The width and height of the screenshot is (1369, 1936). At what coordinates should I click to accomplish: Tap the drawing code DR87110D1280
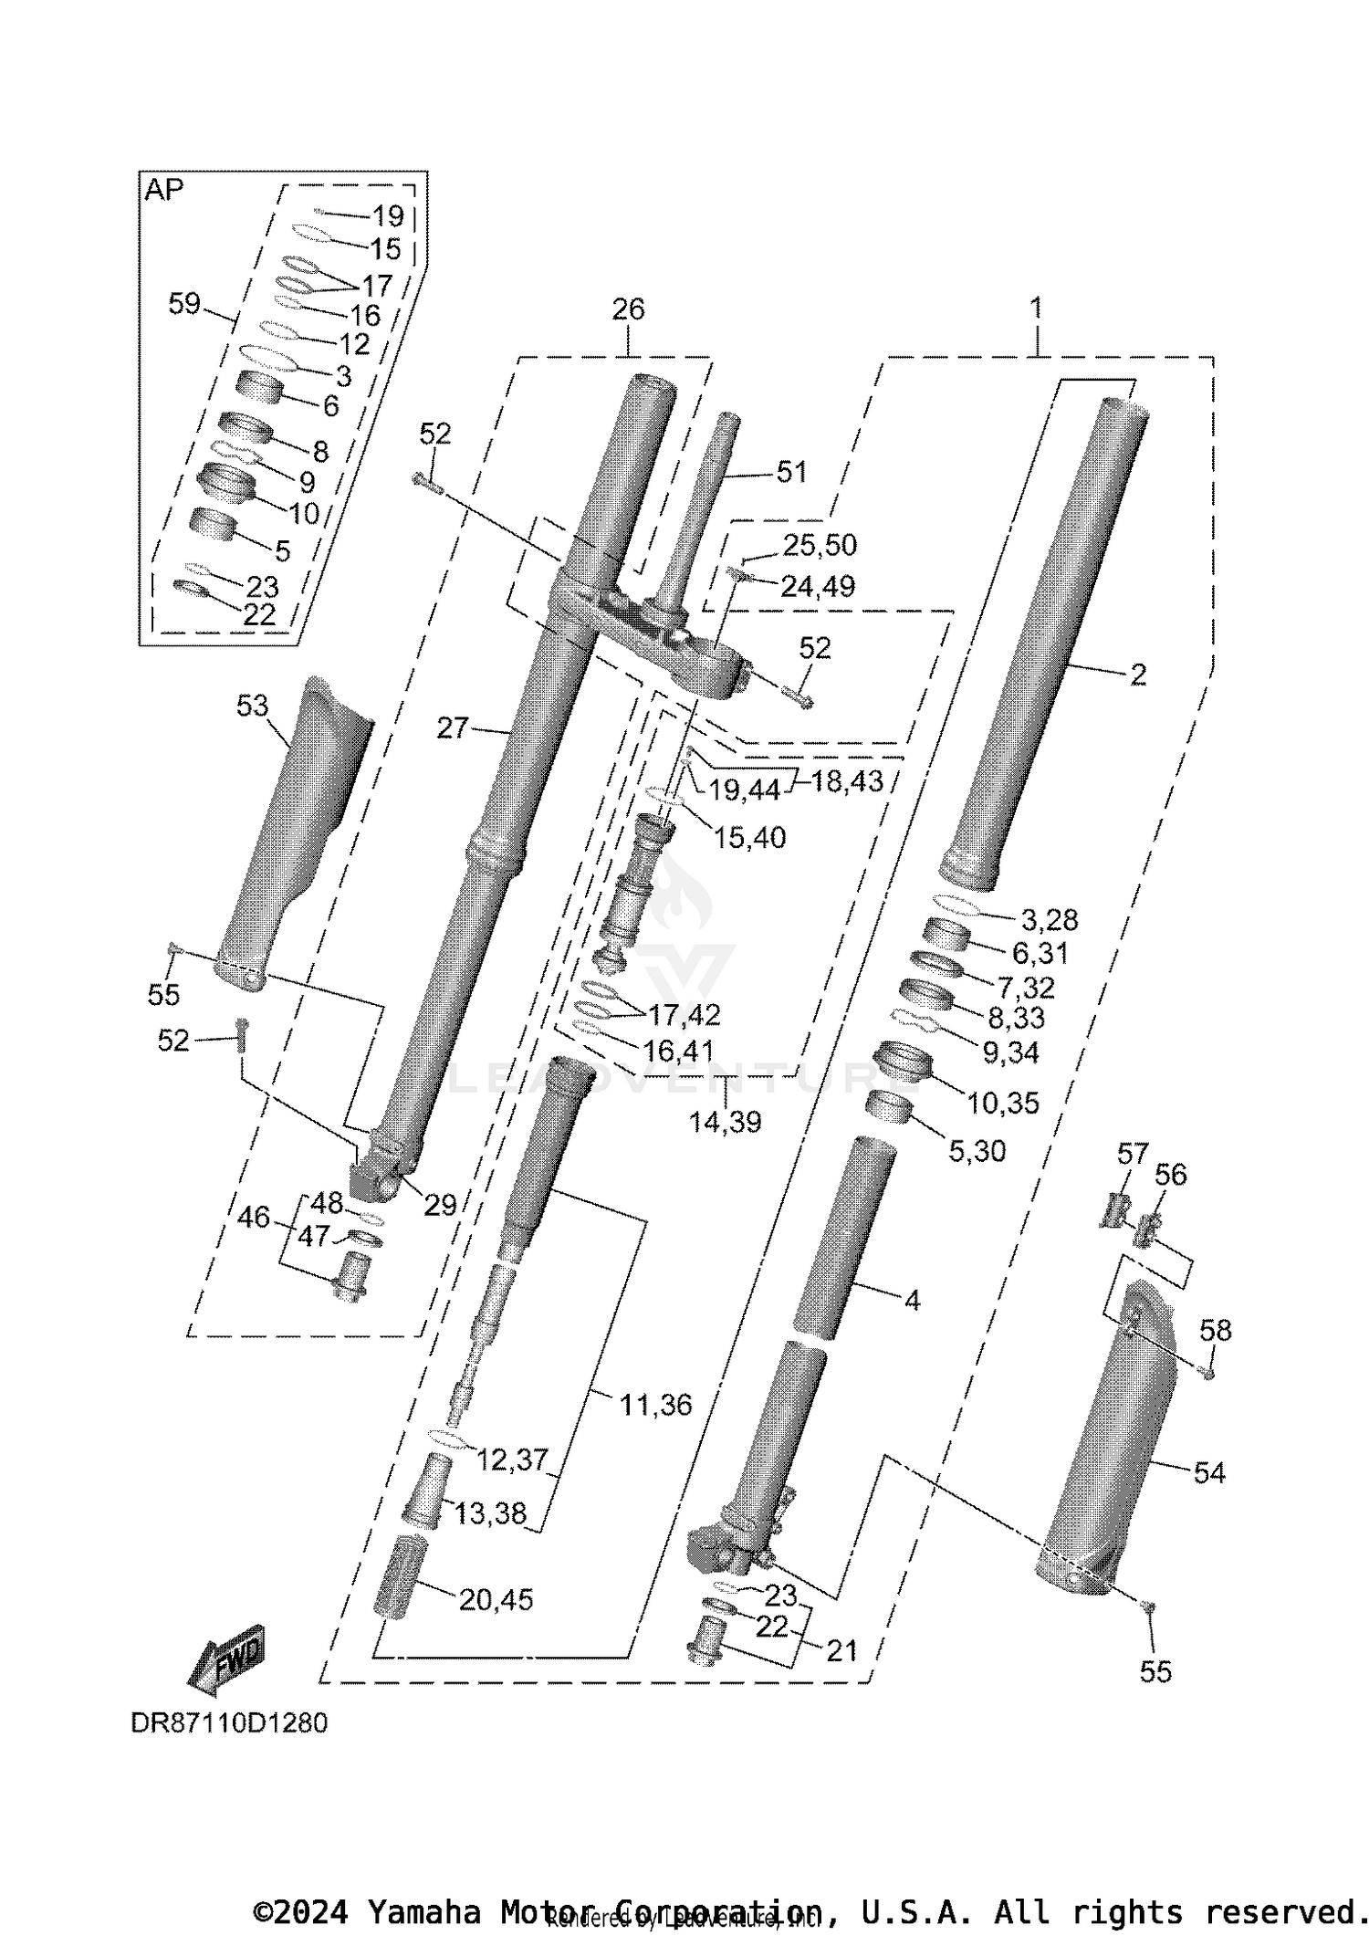(x=229, y=1723)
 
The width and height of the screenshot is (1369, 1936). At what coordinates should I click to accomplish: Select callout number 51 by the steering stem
(x=790, y=472)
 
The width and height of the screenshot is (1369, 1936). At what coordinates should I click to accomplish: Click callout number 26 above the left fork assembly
(x=628, y=309)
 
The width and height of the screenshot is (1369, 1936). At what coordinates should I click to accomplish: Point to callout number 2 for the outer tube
(x=1137, y=675)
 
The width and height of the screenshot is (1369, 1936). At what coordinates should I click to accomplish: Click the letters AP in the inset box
(x=164, y=190)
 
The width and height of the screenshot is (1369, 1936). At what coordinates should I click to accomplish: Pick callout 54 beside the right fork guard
(x=1209, y=1472)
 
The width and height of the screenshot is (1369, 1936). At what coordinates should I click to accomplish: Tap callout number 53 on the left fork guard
(x=252, y=705)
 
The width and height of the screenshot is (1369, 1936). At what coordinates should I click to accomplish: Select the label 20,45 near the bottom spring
(x=496, y=1599)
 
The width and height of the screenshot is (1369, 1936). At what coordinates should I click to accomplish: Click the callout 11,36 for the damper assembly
(x=655, y=1405)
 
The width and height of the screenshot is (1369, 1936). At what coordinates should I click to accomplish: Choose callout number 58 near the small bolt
(x=1215, y=1331)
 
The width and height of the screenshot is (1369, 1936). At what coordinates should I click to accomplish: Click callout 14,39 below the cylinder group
(x=725, y=1121)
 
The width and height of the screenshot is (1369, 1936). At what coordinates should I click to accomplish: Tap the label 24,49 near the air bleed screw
(x=818, y=586)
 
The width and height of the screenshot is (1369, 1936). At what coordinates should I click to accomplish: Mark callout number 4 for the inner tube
(x=912, y=1300)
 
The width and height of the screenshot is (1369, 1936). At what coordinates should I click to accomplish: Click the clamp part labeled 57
(x=1112, y=1210)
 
